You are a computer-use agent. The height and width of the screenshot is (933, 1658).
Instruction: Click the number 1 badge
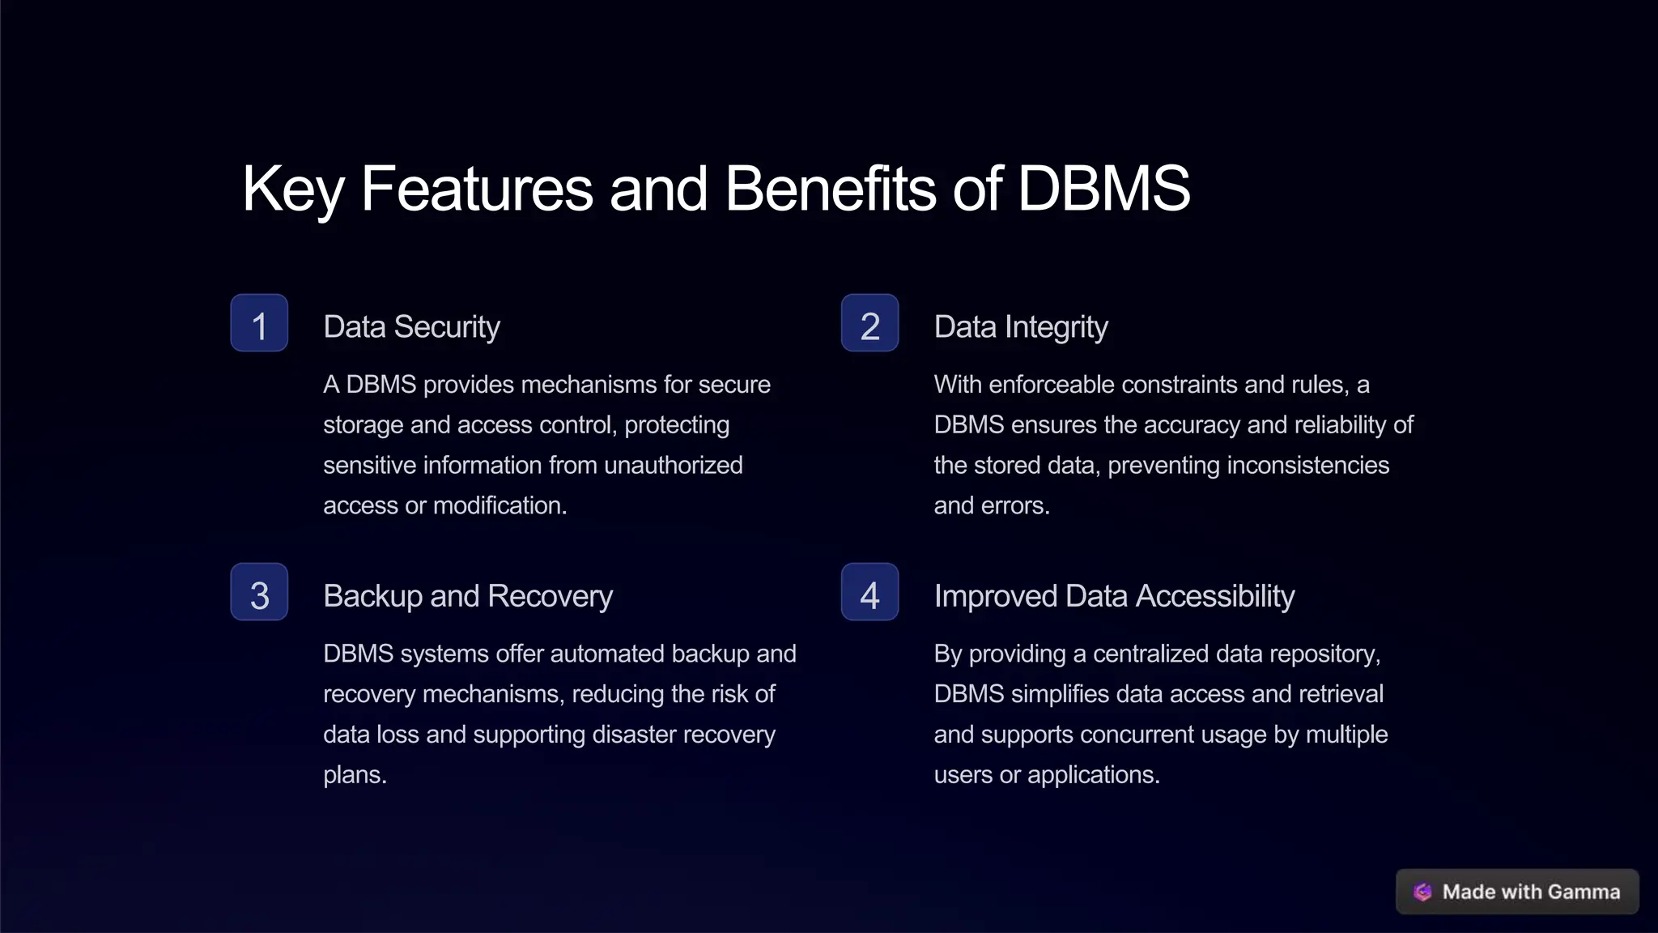259,323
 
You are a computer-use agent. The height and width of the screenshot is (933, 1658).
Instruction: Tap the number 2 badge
869,323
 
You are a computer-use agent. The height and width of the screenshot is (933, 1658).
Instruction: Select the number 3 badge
259,592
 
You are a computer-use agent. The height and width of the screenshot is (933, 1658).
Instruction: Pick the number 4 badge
869,592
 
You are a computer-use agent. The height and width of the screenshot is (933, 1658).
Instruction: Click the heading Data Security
411,327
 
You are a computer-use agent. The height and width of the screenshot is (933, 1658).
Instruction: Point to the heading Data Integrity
1020,327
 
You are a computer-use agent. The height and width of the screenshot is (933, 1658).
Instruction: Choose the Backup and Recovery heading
468,596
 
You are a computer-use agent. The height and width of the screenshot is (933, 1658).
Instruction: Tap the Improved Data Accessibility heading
1114,596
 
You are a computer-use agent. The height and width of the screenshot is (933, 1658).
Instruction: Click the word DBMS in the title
1103,189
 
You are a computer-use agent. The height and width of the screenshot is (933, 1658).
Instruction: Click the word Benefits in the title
831,189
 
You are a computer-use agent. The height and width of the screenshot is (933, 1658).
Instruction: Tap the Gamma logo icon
1422,892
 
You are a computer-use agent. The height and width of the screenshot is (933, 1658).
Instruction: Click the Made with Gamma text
1531,892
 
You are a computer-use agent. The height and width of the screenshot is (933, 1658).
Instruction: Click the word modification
500,505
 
